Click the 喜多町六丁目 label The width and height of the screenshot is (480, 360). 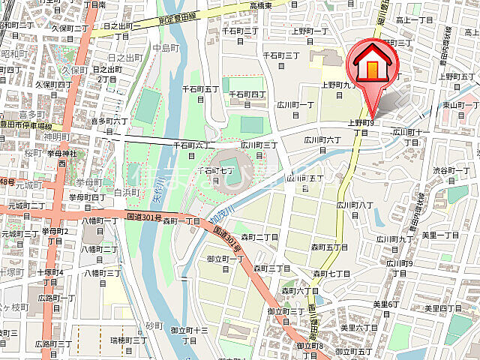pos(110,125)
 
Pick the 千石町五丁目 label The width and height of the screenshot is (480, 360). pos(200,94)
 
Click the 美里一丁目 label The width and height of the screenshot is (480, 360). pos(440,235)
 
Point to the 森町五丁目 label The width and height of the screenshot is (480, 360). pos(329,247)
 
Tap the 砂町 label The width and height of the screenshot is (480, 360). pos(154,326)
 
